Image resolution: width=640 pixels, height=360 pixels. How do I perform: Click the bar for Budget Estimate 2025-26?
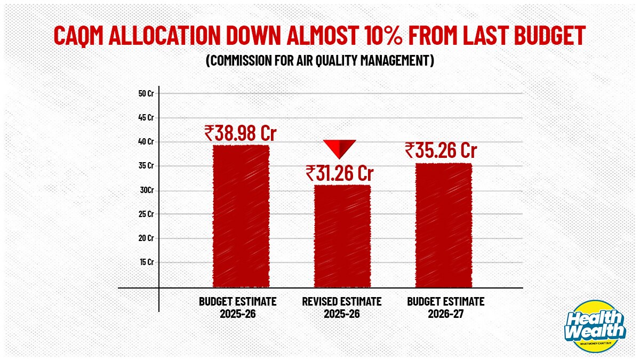[x=241, y=216]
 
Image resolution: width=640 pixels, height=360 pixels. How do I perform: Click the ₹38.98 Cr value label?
[x=241, y=133]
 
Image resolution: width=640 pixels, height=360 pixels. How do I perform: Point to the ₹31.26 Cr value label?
[x=340, y=173]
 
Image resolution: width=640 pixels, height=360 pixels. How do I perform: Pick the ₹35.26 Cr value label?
[x=441, y=150]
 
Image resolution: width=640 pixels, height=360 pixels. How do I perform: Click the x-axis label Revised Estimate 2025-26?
[x=342, y=308]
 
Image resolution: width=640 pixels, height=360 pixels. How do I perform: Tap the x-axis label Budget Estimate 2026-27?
[x=446, y=308]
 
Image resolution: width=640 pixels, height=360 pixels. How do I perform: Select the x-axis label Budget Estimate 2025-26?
[x=238, y=308]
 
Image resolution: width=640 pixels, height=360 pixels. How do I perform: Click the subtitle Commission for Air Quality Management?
[x=320, y=61]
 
